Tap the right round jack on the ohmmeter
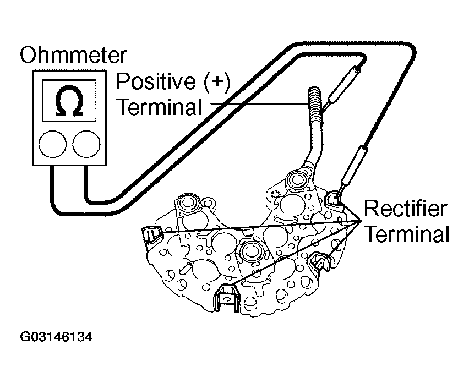coord(86,144)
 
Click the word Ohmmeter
coord(73,56)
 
